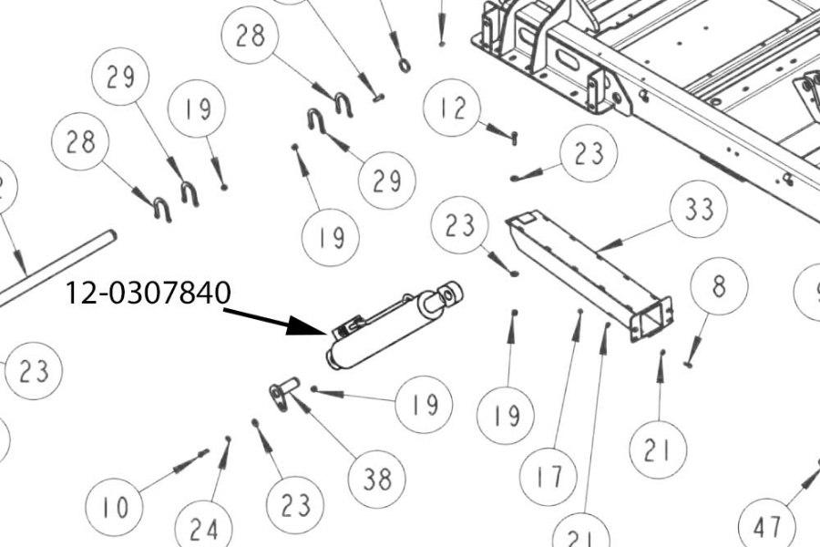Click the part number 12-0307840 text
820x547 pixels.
point(149,294)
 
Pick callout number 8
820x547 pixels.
point(719,286)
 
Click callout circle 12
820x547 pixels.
point(453,109)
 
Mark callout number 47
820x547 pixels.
point(766,525)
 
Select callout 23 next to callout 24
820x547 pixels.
point(296,504)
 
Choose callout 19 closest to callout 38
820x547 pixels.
point(424,404)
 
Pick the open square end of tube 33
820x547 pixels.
point(654,320)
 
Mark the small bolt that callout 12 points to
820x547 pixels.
point(514,138)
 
